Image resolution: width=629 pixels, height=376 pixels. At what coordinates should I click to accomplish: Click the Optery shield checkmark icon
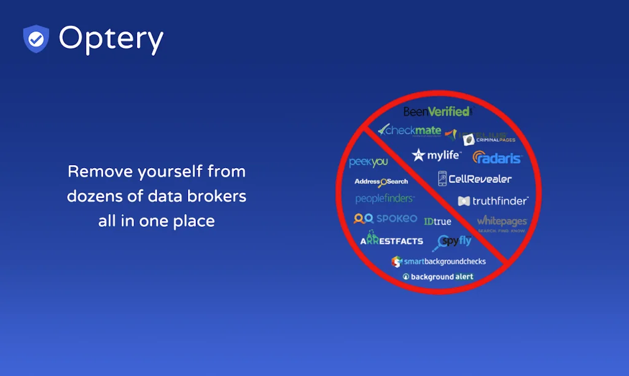pos(36,39)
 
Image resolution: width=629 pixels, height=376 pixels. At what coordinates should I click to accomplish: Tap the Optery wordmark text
pos(111,39)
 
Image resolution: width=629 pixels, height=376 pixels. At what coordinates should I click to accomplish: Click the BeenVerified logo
pos(437,112)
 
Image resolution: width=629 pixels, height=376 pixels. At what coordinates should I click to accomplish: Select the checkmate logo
pos(410,130)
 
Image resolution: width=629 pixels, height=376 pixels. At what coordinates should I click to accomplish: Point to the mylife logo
pos(437,155)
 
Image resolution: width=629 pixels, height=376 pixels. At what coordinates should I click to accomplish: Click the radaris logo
pos(497,158)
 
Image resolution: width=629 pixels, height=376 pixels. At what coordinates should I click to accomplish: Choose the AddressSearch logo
pos(381,182)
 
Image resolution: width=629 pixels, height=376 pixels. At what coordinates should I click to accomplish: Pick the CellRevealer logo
pos(474,179)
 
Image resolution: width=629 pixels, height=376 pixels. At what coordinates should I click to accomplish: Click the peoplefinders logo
pos(385,199)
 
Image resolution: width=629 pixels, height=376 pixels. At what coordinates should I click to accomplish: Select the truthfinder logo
pos(493,201)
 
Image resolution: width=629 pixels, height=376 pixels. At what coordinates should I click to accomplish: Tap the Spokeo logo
pos(385,218)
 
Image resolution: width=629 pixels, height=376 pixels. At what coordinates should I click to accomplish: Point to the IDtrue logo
pos(437,221)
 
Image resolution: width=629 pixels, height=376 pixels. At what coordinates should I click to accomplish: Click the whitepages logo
pos(502,221)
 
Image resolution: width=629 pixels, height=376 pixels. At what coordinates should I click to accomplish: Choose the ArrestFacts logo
pos(391,240)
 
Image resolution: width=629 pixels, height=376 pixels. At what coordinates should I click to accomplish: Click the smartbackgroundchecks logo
pos(439,261)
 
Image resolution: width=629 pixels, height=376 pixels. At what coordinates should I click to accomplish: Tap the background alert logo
pos(438,277)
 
